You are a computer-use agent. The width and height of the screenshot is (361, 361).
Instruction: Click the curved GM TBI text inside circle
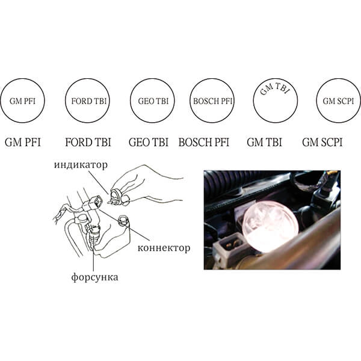[274, 88]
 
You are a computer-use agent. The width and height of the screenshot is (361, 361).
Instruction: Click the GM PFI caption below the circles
[23, 142]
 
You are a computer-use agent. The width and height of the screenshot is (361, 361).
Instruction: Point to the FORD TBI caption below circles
[88, 142]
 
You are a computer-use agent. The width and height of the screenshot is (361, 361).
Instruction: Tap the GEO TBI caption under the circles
[149, 142]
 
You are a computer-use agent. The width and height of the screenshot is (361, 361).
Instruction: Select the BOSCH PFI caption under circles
[204, 142]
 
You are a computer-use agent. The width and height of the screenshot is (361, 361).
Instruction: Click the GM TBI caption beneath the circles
[264, 142]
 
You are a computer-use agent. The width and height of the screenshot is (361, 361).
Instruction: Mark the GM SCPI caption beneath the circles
[322, 142]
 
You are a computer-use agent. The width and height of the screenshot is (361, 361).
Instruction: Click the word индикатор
[81, 165]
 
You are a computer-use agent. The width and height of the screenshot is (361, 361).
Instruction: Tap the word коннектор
[164, 248]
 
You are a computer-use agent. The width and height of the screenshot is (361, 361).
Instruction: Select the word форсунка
[94, 277]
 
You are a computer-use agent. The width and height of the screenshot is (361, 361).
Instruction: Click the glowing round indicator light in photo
[271, 226]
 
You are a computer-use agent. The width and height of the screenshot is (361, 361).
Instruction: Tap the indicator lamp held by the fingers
[117, 197]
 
